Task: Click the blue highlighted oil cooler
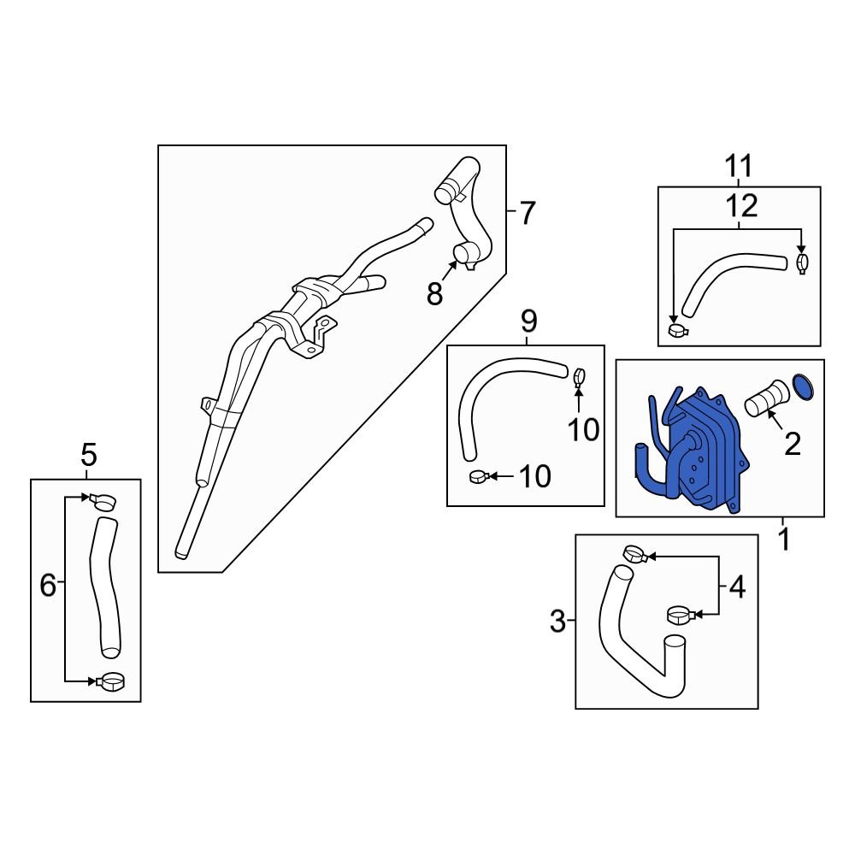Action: pos(704,452)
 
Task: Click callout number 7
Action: pos(527,213)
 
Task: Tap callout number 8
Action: pos(434,295)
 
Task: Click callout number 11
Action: pos(739,166)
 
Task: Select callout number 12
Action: pos(741,207)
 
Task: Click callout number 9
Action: pos(529,321)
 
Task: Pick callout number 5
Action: pos(88,455)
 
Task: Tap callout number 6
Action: pos(48,586)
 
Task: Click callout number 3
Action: pos(557,621)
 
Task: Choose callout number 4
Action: pos(737,588)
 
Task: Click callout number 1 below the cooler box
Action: pos(784,540)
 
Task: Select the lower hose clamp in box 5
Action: pos(109,681)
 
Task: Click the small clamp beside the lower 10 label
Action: pos(479,477)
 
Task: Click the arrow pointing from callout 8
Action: pos(449,271)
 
